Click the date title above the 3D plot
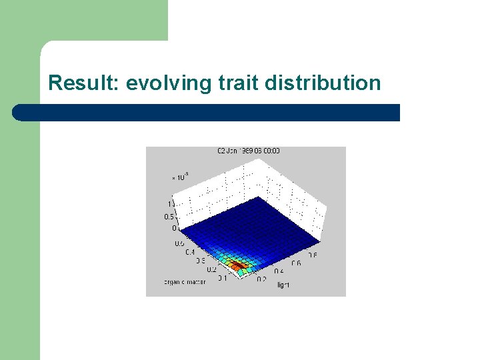[248, 151]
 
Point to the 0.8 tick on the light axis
[312, 255]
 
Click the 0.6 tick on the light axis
[295, 263]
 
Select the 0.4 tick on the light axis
[279, 271]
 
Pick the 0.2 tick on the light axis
[261, 279]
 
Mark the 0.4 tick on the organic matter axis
[191, 252]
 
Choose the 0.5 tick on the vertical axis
[169, 217]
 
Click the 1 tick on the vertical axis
[171, 203]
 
